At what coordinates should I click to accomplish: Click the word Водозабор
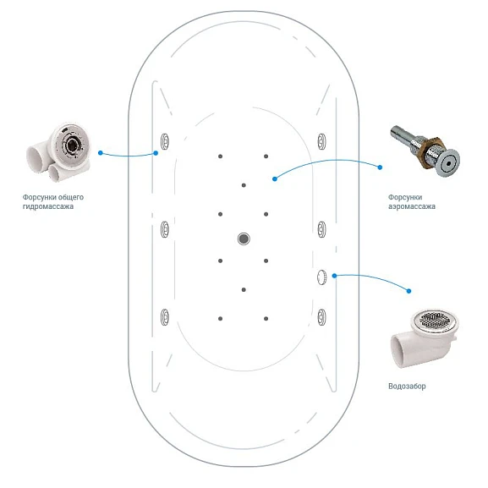407,387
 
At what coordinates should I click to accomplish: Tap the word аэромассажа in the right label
412,206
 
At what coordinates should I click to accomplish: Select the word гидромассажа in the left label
48,206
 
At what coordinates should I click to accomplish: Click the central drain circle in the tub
244,239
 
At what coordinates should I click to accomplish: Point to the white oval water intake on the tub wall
321,277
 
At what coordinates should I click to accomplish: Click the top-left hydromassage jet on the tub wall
165,141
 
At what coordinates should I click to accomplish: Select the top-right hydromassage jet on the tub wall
321,141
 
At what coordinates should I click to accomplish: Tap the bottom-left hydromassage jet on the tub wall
165,317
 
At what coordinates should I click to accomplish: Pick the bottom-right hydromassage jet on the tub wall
321,317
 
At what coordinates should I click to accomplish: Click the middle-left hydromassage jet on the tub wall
165,229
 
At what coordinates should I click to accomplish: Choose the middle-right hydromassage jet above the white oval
321,229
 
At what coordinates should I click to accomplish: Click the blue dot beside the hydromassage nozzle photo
100,153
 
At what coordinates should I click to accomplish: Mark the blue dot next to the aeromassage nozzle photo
380,167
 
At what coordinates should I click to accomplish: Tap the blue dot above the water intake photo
408,291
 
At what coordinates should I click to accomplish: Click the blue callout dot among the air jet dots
275,179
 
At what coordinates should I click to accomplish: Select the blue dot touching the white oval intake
334,276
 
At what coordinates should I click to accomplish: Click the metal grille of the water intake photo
435,320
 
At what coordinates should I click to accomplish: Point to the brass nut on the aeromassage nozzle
432,151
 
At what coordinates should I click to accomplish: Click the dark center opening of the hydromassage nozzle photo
72,144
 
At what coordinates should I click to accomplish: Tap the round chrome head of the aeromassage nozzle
449,163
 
